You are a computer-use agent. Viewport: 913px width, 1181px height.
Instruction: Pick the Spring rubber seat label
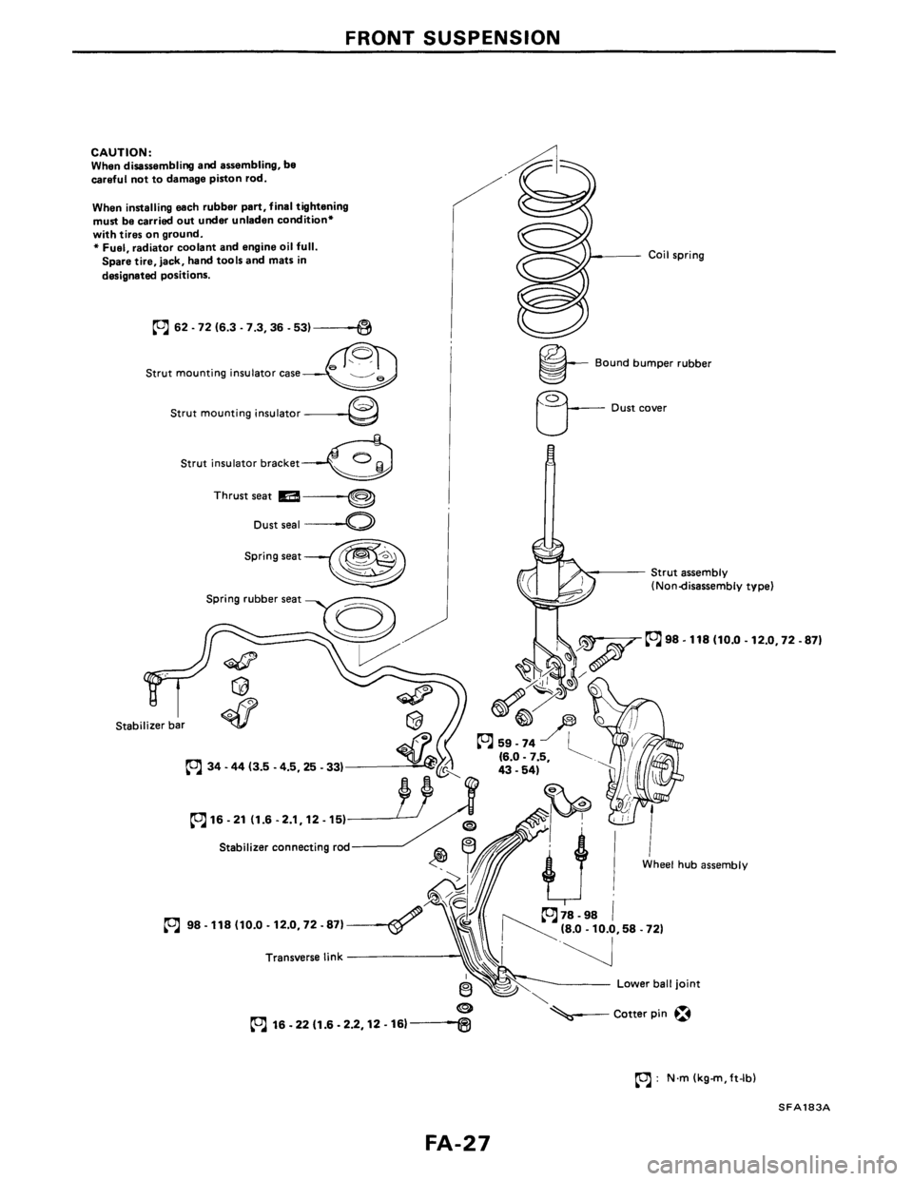(250, 603)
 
